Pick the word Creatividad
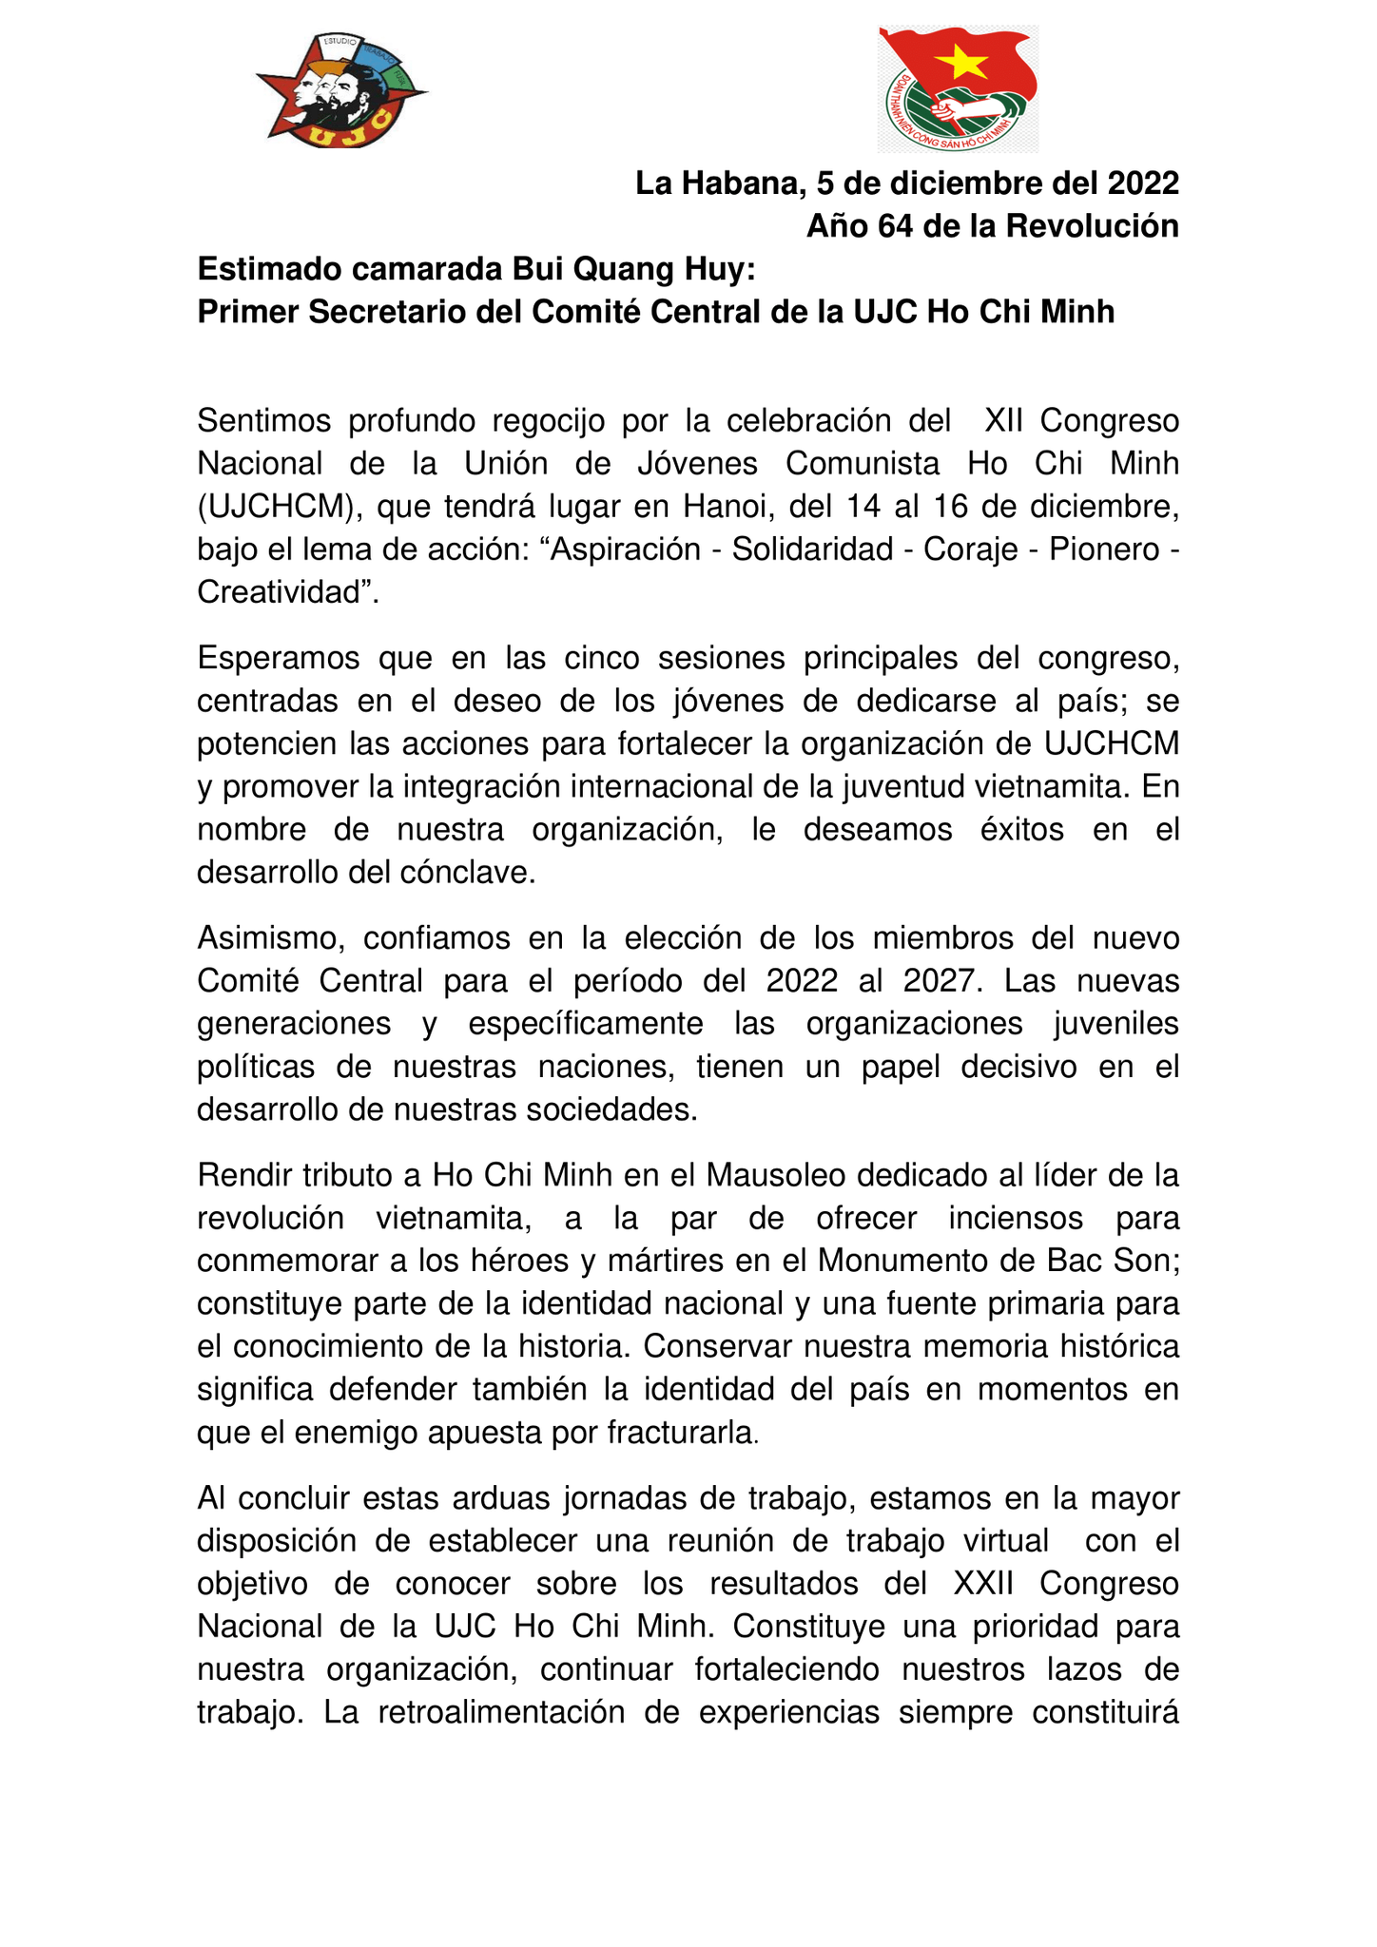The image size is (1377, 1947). [x=282, y=592]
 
